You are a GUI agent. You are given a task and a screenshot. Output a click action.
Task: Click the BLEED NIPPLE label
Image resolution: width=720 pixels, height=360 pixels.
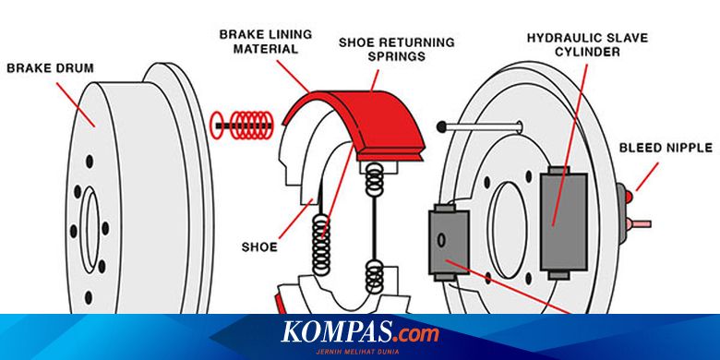[665, 147]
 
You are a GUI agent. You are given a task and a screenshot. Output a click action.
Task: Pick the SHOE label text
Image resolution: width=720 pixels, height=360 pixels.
[259, 246]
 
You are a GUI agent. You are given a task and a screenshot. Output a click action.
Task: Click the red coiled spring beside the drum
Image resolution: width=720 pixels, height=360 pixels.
[242, 122]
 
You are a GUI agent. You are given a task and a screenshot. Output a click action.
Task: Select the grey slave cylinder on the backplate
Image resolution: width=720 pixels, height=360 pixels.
[565, 222]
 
